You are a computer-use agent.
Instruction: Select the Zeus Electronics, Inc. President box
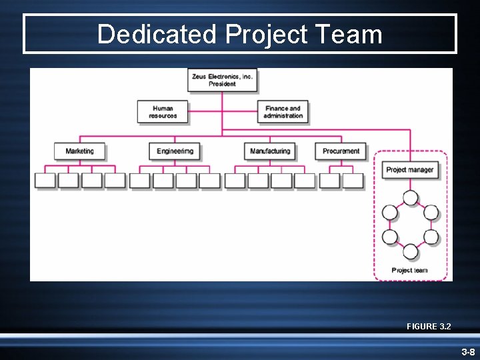pos(222,80)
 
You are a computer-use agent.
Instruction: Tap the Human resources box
pos(163,112)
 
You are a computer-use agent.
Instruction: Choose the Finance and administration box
pos(283,112)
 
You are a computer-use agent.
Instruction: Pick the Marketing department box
pos(79,151)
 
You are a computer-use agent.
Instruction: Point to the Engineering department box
pos(174,151)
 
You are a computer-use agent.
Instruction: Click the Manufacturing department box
pos(269,151)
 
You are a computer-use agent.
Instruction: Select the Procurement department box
pos(341,151)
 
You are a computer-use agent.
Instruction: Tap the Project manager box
pos(409,169)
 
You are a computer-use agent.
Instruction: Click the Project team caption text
pos(409,270)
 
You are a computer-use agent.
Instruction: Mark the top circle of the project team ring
pos(411,198)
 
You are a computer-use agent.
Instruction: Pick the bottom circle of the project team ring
pos(411,251)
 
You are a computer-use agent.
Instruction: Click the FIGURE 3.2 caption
pos(429,326)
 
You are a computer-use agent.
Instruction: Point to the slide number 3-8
pos(467,351)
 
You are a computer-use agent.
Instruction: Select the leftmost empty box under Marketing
pos(45,181)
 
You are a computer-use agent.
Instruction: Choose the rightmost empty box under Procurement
pos(353,181)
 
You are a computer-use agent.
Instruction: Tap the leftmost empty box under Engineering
pos(139,181)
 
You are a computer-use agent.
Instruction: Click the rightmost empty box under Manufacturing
pos(305,181)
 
